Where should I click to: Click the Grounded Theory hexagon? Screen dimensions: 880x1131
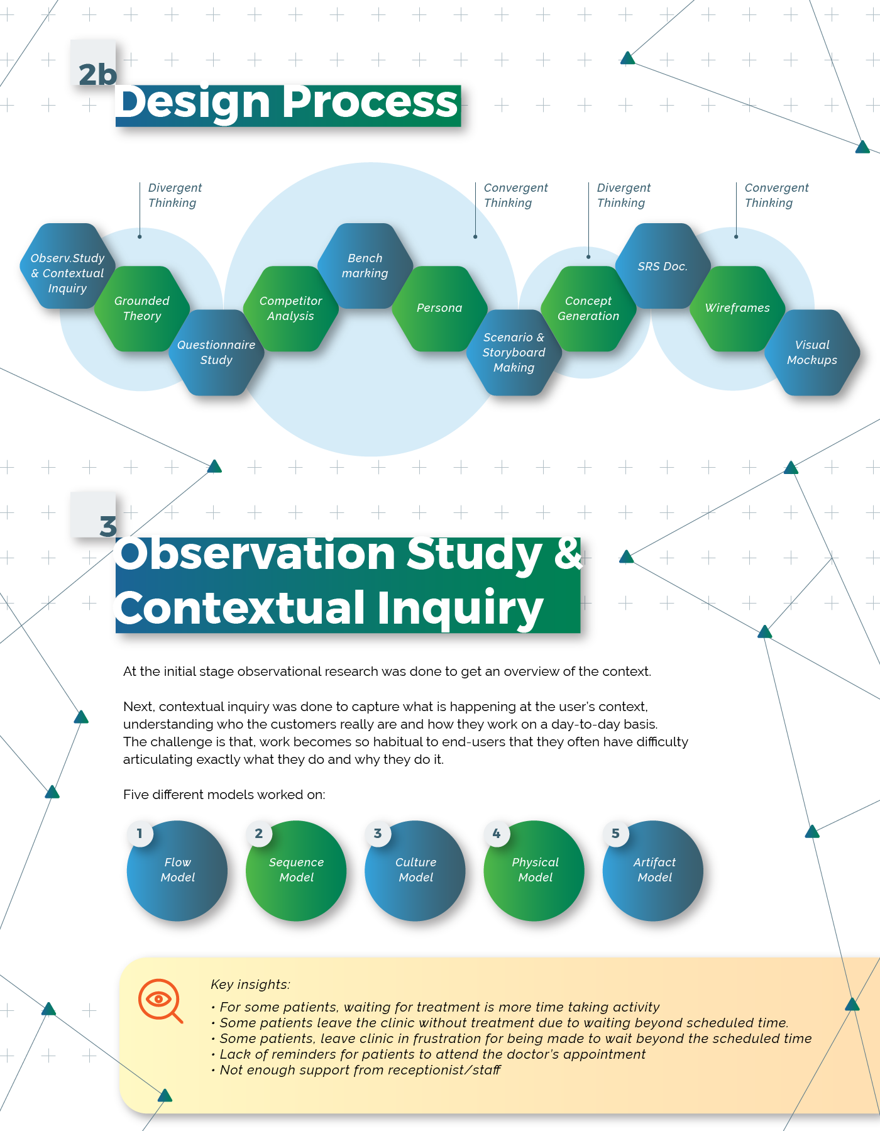coord(142,309)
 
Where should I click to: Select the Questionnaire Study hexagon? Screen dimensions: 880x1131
coord(216,353)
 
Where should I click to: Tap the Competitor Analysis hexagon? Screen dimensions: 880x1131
coord(290,309)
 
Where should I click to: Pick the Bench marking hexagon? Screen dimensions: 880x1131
coord(365,266)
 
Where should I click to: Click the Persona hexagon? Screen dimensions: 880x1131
coord(439,308)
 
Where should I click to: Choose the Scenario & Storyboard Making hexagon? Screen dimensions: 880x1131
coord(514,353)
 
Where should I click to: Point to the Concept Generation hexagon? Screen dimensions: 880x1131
coord(588,309)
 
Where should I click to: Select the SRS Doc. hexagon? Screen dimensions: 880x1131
coord(663,266)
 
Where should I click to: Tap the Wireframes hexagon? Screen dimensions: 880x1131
coord(737,308)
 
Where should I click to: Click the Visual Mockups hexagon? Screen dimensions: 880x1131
coord(812,353)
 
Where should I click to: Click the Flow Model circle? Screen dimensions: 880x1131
coord(177,871)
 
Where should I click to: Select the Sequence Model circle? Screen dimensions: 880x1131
coord(296,871)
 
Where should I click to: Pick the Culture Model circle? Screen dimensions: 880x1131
coord(415,871)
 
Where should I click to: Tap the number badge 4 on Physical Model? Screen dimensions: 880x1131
coord(497,834)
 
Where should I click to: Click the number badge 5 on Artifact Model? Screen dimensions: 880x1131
coord(615,834)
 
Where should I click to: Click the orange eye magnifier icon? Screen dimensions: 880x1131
coord(160,1000)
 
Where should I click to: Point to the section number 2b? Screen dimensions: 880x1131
coord(97,74)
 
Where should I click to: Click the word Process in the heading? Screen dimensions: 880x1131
coord(371,102)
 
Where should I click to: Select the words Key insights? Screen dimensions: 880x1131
coord(250,985)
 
